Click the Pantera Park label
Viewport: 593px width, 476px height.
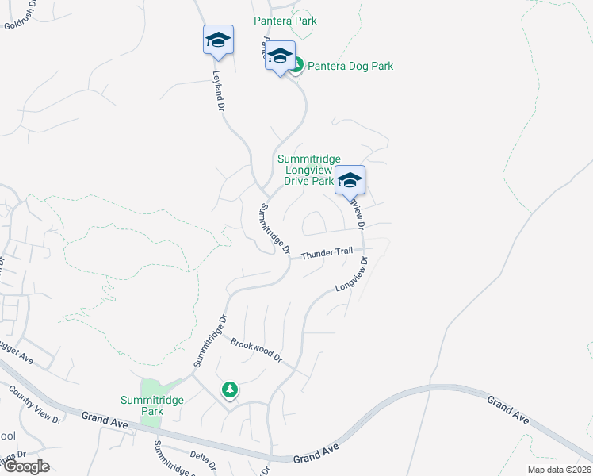click(x=285, y=21)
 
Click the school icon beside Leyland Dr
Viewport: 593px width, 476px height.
click(x=217, y=40)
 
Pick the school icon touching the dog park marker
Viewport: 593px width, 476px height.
click(x=279, y=56)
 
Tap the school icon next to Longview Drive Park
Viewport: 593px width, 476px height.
click(x=350, y=181)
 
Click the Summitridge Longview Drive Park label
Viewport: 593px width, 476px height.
click(x=308, y=170)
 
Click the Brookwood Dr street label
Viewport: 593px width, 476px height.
click(x=257, y=350)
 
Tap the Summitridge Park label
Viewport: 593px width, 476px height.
click(x=152, y=405)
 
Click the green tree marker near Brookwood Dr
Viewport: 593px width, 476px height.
click(x=229, y=390)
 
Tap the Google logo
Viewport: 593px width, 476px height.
click(x=26, y=466)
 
